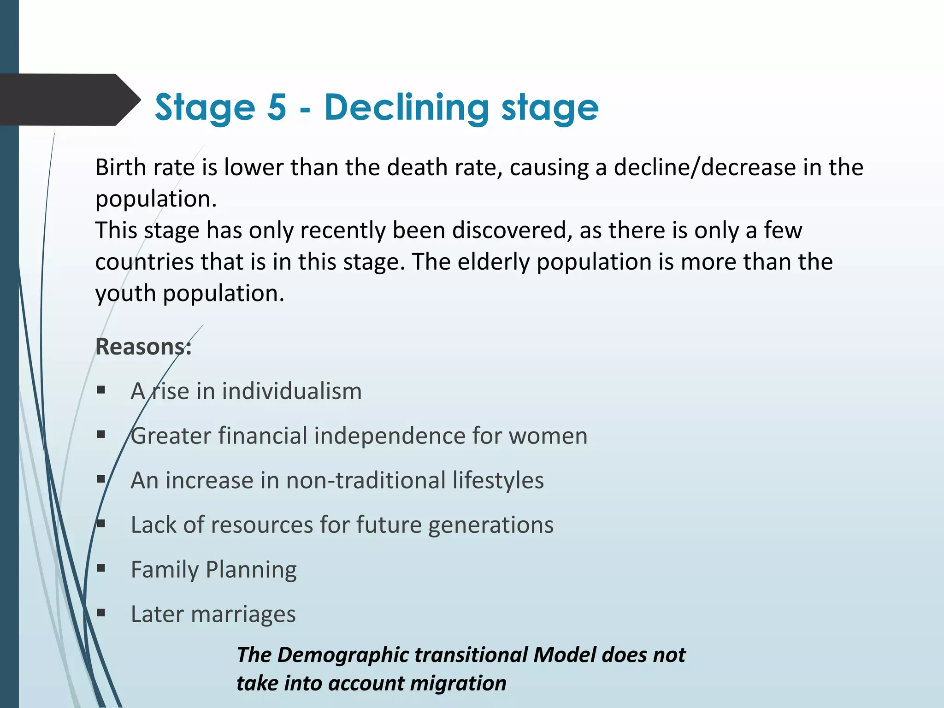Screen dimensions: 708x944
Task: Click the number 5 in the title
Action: click(x=277, y=107)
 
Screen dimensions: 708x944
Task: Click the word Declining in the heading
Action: click(x=406, y=108)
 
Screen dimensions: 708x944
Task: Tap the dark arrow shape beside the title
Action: click(x=69, y=100)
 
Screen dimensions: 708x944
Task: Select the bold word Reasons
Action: click(x=142, y=347)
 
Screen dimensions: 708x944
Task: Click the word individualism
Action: click(x=292, y=391)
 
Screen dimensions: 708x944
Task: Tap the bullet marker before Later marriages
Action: click(x=101, y=614)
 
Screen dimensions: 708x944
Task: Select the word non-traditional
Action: click(x=366, y=480)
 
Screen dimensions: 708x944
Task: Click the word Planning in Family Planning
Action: click(x=251, y=570)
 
